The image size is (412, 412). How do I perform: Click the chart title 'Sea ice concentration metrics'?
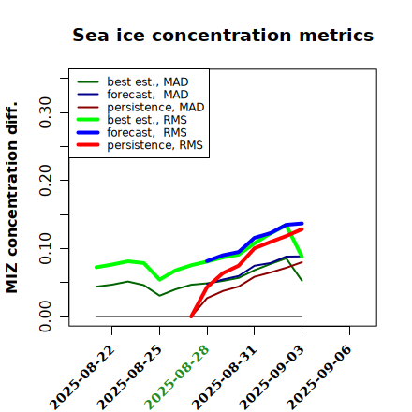coord(223,35)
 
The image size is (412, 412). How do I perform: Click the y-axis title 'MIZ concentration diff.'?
coord(11,198)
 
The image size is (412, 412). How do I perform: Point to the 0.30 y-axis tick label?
coord(46,112)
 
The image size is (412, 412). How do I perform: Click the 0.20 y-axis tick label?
coord(46,180)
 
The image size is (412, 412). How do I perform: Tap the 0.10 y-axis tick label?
coord(46,248)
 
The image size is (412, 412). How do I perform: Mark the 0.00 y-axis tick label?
coord(46,316)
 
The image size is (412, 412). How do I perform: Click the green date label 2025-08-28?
coord(177,377)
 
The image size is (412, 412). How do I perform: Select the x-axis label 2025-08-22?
coord(81,377)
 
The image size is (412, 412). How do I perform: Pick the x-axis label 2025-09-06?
coord(319,377)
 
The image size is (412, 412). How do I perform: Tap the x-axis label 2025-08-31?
coord(225,377)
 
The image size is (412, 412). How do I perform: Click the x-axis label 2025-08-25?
coord(129,377)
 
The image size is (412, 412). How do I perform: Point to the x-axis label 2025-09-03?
coord(272,377)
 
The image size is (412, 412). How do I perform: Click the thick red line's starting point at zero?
coord(191,316)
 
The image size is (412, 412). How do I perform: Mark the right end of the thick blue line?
coord(302,224)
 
